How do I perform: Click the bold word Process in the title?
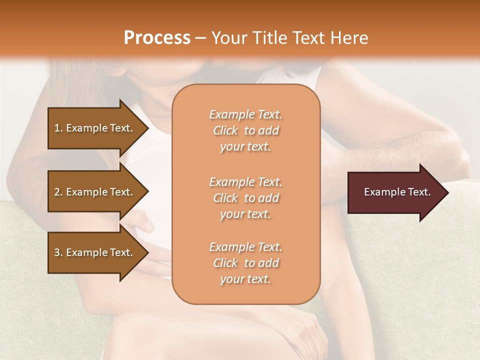tap(157, 38)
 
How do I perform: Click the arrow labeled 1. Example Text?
tap(95, 128)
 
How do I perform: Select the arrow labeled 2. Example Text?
tap(95, 192)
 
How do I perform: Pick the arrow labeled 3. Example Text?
tap(95, 252)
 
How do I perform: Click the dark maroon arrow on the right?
tap(395, 192)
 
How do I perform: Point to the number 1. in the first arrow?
tap(58, 128)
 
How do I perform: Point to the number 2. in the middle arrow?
tap(58, 192)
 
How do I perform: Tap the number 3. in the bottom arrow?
tap(58, 252)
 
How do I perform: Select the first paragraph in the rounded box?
tap(245, 130)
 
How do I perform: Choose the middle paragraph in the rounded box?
tap(245, 197)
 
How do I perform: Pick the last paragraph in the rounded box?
tap(245, 263)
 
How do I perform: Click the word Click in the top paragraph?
tap(225, 130)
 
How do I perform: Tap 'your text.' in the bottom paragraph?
tap(245, 279)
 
